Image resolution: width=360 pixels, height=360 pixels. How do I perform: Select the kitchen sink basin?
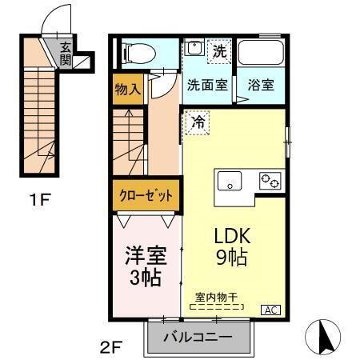click(x=232, y=183)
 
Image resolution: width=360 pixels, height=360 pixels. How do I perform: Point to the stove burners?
click(x=269, y=182)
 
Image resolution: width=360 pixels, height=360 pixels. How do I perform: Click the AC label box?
click(x=270, y=310)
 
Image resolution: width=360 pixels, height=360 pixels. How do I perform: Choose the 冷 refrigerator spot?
click(x=198, y=123)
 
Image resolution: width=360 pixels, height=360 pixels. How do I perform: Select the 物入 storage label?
click(x=128, y=88)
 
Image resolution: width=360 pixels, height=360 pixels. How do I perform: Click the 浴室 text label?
click(x=261, y=85)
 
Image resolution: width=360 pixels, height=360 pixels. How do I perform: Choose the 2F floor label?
click(x=111, y=346)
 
